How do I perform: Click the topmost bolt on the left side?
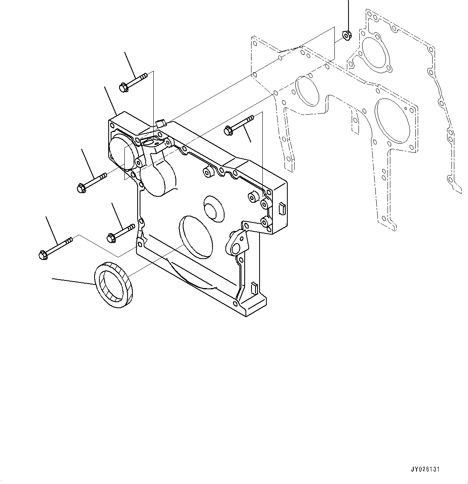coord(134,81)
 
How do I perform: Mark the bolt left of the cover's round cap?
coord(91,182)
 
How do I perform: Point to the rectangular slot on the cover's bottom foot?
coord(254,287)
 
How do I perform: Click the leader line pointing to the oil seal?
coord(72,281)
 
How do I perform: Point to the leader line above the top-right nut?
coord(348,14)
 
